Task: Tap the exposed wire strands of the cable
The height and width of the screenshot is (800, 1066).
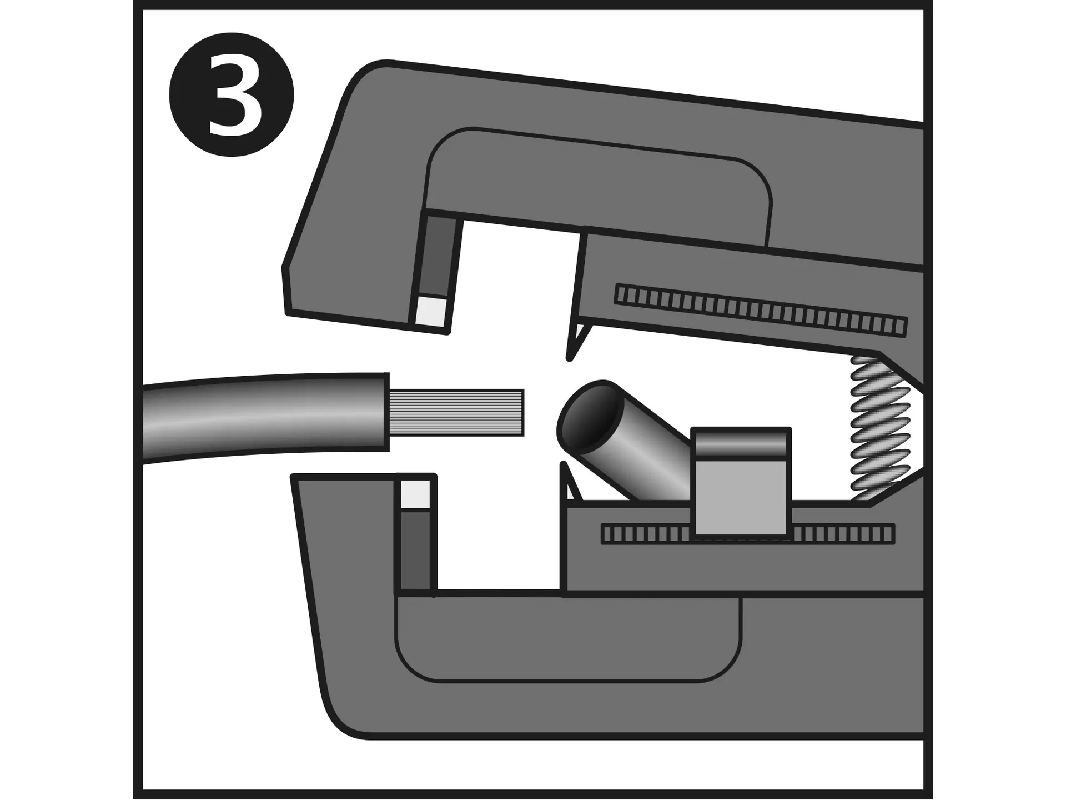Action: pyautogui.click(x=456, y=412)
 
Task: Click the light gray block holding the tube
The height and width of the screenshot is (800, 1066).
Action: pyautogui.click(x=741, y=497)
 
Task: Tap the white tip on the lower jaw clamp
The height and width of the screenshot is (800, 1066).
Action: pyautogui.click(x=415, y=494)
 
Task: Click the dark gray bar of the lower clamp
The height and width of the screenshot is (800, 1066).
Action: pyautogui.click(x=415, y=551)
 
